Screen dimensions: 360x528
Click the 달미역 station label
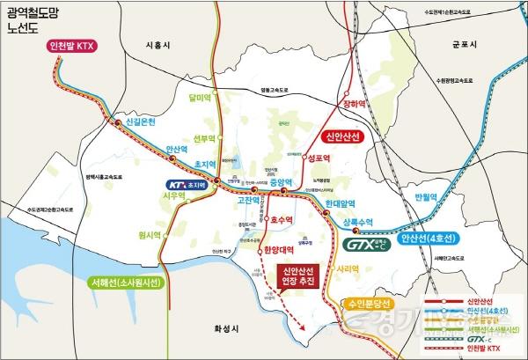[202, 98]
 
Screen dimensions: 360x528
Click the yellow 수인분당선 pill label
[378, 304]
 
